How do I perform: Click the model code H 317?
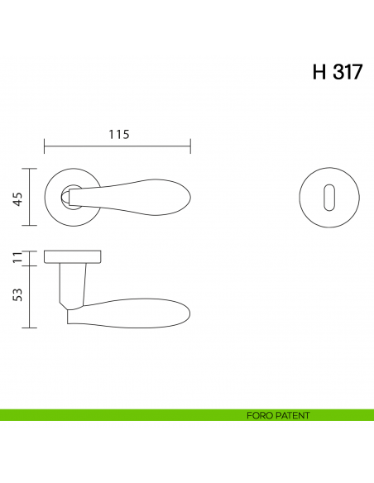[336, 72]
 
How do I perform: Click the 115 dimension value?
[118, 135]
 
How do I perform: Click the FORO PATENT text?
[278, 415]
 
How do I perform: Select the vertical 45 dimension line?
[31, 197]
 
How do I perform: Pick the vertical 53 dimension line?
[31, 296]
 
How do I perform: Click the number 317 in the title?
[347, 72]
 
